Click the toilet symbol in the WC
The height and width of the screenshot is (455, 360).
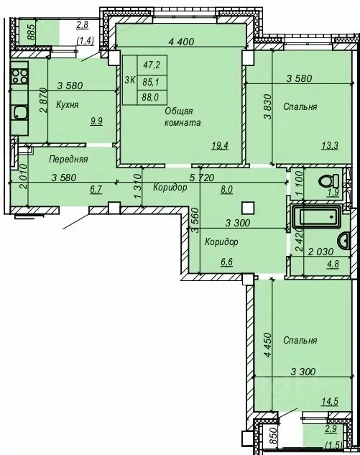(328, 181)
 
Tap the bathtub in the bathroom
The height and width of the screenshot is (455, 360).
(317, 216)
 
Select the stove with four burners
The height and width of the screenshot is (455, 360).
(19, 75)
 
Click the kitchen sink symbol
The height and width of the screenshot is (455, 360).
(19, 112)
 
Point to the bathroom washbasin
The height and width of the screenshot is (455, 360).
(344, 241)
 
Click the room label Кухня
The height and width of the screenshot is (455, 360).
(67, 104)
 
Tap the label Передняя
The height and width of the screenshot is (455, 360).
(68, 159)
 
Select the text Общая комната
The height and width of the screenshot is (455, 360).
(183, 116)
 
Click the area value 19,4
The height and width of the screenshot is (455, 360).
(220, 145)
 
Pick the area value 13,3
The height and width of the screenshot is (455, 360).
(330, 145)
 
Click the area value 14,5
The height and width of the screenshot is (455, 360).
(330, 402)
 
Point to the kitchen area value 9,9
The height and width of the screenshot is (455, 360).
(96, 121)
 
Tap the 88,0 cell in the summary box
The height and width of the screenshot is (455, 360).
(151, 97)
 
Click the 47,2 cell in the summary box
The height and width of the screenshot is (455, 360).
(152, 65)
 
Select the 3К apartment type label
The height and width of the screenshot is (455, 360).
(129, 81)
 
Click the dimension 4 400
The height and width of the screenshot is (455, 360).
(181, 42)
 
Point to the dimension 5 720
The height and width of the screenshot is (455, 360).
(201, 177)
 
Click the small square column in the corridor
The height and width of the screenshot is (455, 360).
(249, 208)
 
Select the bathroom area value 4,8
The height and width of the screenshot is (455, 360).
(333, 265)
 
